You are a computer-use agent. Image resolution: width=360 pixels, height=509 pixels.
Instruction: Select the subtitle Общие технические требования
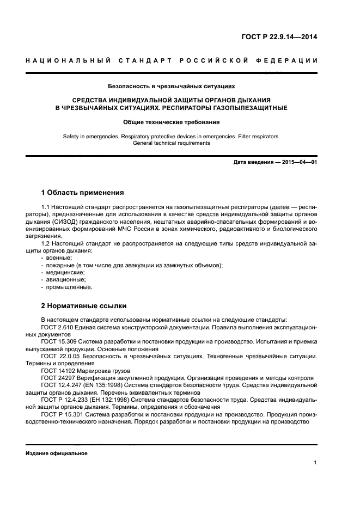tap(172, 122)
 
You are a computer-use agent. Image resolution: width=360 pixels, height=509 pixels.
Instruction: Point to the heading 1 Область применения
tap(83, 193)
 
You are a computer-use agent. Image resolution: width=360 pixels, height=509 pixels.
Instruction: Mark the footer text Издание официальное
tap(57, 453)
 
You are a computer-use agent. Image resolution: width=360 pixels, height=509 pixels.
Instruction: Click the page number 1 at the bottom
tap(315, 463)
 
